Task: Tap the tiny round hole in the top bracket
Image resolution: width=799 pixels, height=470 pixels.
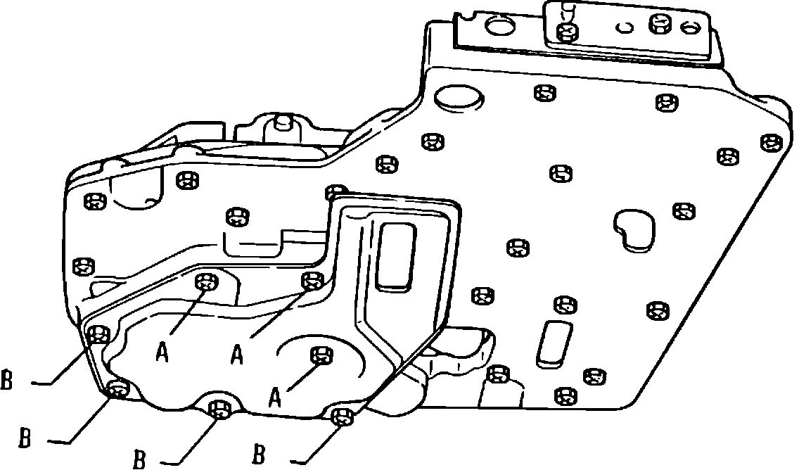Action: [x=622, y=27]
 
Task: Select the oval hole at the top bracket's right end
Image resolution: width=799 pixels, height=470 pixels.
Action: [x=691, y=27]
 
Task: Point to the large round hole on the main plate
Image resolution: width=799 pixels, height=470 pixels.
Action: [x=459, y=99]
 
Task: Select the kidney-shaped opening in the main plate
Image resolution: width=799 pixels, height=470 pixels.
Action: [x=634, y=229]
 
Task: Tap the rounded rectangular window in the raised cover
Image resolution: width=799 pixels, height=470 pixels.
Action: [x=397, y=255]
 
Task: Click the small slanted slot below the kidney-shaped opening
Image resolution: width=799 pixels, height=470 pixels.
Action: [x=551, y=344]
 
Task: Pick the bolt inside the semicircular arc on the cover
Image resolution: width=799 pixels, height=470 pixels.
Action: [x=321, y=355]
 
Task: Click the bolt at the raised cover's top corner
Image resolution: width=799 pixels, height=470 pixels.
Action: [x=338, y=191]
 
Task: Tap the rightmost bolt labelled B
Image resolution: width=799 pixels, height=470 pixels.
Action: [x=343, y=417]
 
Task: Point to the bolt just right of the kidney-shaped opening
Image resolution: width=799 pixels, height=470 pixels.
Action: [x=683, y=210]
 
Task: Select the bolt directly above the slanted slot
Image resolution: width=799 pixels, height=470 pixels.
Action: [x=563, y=305]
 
